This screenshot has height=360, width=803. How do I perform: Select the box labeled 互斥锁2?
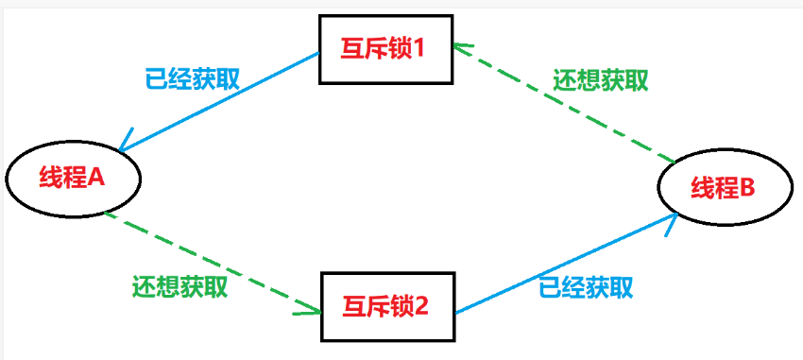[x=387, y=306]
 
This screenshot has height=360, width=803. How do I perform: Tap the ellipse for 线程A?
[x=72, y=178]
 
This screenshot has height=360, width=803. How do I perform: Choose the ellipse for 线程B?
[x=722, y=188]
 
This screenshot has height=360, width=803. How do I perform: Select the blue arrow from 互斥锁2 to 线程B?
[x=567, y=265]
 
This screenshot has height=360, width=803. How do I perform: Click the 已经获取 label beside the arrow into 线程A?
[x=193, y=77]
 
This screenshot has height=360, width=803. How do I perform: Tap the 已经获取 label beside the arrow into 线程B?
[x=587, y=287]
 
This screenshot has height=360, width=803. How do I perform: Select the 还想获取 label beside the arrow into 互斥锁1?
[x=601, y=79]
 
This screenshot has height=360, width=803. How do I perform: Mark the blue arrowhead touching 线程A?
[x=125, y=147]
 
